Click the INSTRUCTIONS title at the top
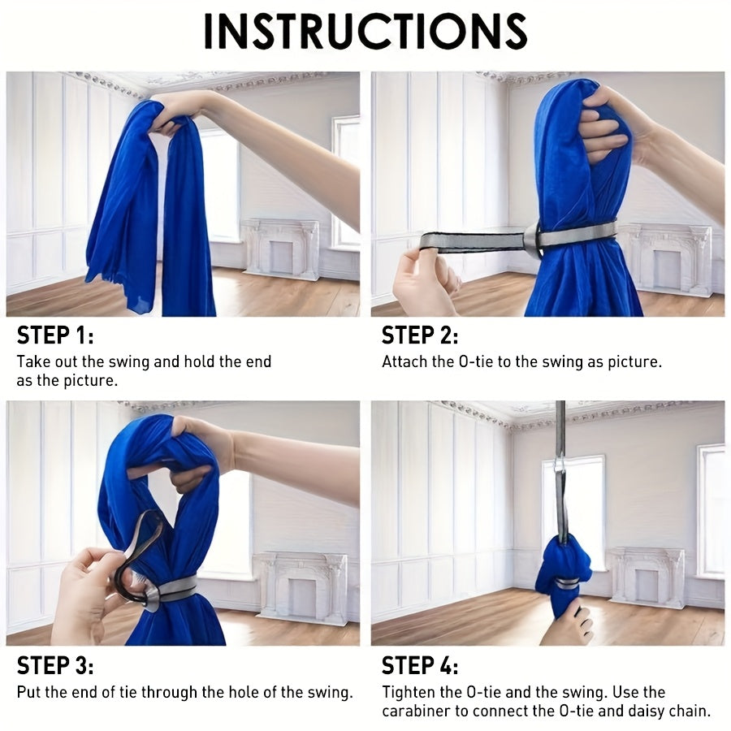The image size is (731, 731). tap(365, 31)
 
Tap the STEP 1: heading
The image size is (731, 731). tap(55, 335)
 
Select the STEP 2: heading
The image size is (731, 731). tap(420, 335)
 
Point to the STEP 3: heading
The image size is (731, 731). tap(55, 665)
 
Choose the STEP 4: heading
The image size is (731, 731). tap(420, 665)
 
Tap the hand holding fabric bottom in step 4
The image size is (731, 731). tap(566, 623)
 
